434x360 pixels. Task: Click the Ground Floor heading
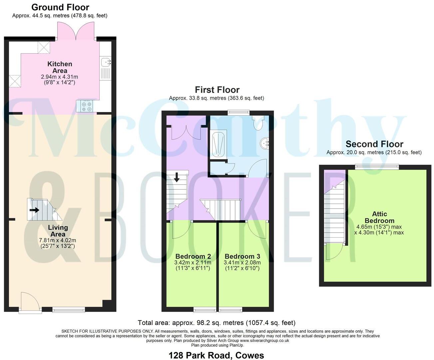(x=60, y=7)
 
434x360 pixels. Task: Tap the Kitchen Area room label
(x=60, y=67)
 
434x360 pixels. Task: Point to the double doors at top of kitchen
(x=77, y=31)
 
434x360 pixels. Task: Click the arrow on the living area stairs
(x=34, y=210)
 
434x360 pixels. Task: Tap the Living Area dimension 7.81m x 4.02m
(x=58, y=240)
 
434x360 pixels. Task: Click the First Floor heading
(x=217, y=90)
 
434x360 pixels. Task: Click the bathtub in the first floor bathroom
(x=218, y=145)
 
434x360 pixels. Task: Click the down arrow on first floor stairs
(x=177, y=177)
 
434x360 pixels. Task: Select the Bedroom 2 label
(x=193, y=256)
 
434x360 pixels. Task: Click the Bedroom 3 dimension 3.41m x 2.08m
(x=242, y=263)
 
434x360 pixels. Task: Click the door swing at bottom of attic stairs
(x=334, y=251)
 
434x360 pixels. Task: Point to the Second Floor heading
(x=374, y=144)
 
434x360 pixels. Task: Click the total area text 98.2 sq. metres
(x=217, y=323)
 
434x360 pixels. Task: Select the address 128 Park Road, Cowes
(x=217, y=355)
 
